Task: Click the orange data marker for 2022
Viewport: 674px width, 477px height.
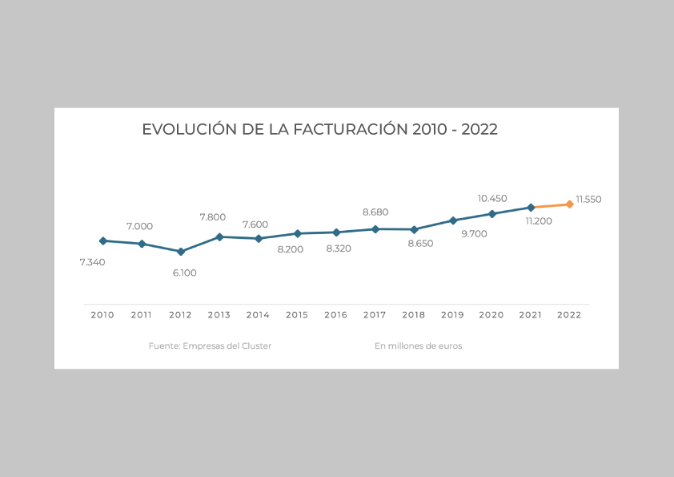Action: point(570,204)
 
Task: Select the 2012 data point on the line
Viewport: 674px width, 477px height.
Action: point(181,252)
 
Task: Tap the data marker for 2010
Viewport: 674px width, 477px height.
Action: point(102,241)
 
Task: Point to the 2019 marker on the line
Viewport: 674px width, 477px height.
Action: point(453,220)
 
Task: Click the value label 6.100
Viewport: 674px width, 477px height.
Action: point(184,273)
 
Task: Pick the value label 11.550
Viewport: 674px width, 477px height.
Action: point(588,199)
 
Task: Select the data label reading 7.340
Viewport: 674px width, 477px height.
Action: point(92,262)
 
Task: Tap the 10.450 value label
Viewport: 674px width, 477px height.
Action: point(492,198)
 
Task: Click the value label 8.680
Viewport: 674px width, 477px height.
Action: point(375,212)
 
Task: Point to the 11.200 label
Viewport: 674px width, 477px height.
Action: point(539,221)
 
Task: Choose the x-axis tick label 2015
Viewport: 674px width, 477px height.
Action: point(297,315)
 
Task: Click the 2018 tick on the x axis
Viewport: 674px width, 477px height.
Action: point(414,315)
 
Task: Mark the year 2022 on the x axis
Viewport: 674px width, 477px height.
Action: point(569,315)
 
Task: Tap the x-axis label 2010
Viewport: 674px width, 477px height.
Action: point(102,315)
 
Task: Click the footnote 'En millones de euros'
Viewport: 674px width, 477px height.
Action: point(418,346)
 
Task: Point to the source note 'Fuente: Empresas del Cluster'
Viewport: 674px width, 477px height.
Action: point(210,346)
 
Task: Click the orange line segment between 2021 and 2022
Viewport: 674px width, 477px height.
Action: point(551,206)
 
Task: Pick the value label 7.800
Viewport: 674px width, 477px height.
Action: point(213,217)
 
